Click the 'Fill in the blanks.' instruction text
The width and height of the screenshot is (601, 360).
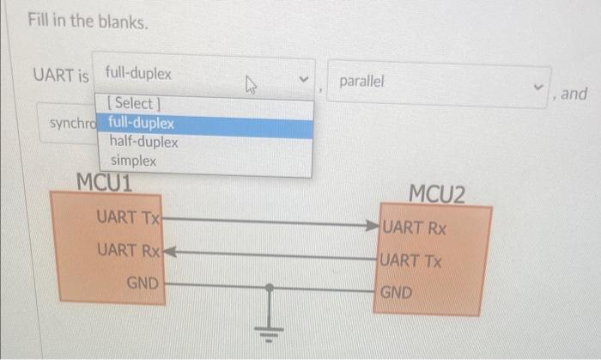click(x=87, y=21)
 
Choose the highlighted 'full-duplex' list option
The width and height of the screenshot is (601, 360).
click(x=142, y=123)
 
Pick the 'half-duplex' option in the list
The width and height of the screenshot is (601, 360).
click(x=143, y=142)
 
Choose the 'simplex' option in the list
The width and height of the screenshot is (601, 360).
click(x=133, y=161)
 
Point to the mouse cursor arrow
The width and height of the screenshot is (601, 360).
click(x=252, y=84)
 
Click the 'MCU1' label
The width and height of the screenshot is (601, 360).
click(x=104, y=182)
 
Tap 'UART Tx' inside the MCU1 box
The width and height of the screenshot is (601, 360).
click(x=128, y=217)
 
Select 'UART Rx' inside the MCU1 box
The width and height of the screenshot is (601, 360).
click(x=129, y=251)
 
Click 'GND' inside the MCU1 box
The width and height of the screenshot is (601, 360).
click(x=143, y=282)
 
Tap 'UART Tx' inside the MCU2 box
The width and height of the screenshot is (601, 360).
click(x=412, y=260)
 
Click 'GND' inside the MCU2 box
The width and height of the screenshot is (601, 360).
click(x=396, y=292)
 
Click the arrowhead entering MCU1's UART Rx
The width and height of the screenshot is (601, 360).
click(x=168, y=253)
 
